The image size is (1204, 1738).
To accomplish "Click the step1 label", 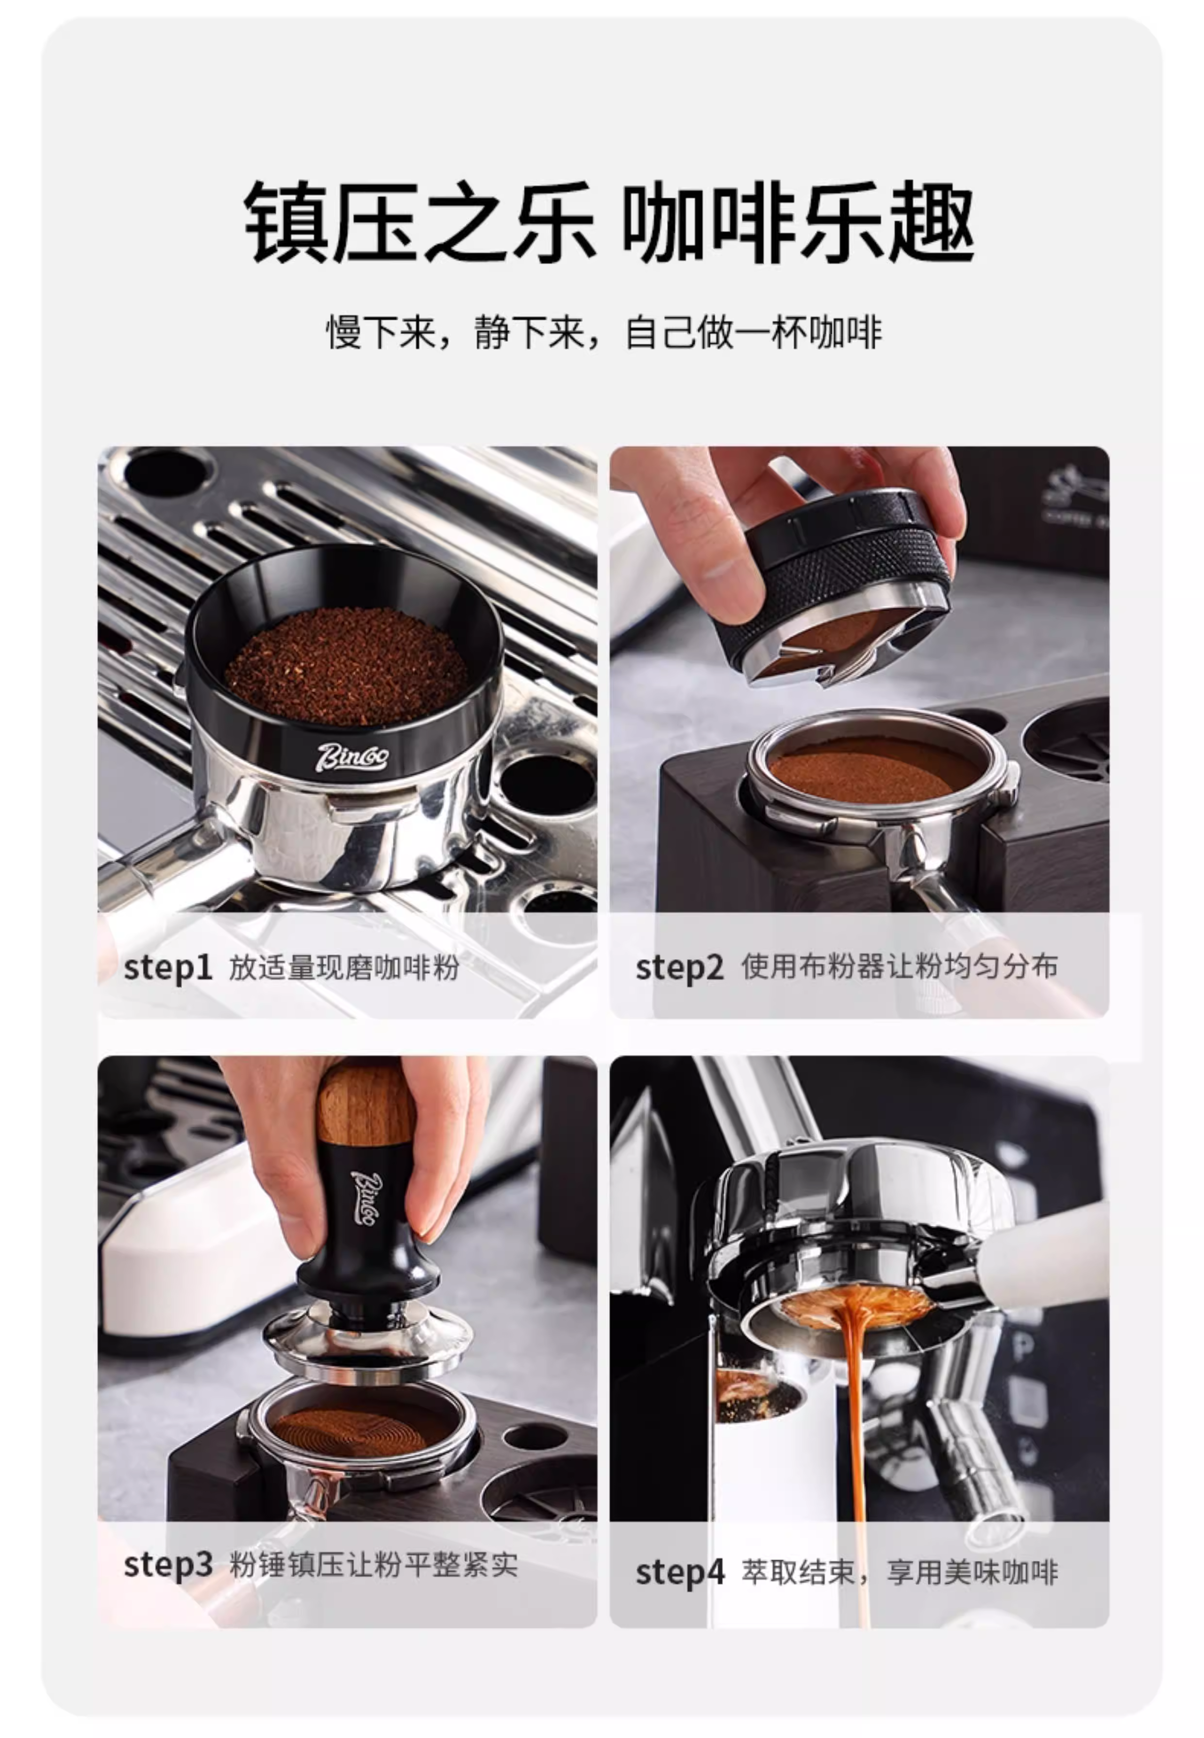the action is point(167,968).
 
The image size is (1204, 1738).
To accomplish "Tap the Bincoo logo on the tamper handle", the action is point(368,1198).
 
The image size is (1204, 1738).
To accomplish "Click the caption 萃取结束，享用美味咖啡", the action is point(899,1572).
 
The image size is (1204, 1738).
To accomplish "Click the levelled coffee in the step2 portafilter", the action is point(875,769).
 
